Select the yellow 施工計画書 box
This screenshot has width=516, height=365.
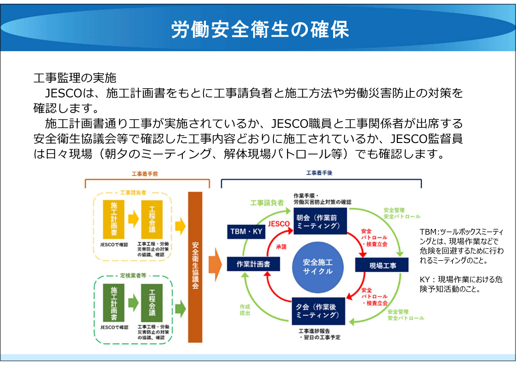[113, 219]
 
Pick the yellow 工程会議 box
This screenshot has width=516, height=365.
[152, 219]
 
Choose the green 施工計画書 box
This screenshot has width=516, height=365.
[113, 303]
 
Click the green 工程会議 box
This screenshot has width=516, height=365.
[152, 303]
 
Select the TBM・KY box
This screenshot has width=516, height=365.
[246, 231]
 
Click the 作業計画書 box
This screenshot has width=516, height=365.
[253, 264]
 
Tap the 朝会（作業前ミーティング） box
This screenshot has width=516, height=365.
[320, 222]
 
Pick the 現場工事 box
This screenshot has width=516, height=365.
[382, 265]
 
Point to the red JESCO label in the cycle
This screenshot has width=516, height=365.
[278, 224]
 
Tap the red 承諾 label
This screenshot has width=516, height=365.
[281, 246]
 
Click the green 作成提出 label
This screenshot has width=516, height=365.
[245, 309]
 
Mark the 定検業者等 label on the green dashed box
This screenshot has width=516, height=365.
[133, 276]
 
